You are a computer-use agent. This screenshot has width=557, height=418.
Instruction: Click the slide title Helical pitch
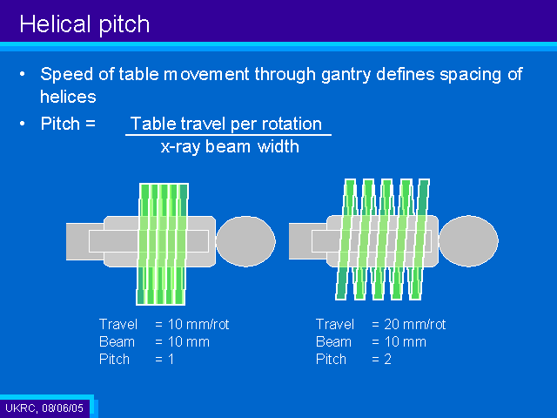pos(84,24)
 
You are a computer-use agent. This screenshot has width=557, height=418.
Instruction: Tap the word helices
pos(68,97)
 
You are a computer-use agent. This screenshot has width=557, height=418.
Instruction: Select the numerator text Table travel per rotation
pos(226,124)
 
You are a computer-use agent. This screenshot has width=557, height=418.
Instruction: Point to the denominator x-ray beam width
pos(230,146)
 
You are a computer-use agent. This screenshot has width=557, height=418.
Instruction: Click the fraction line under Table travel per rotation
pos(228,135)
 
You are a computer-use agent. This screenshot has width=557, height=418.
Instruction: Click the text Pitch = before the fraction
pos(68,124)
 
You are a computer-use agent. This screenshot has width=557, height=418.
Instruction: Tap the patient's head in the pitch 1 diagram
pos(245,241)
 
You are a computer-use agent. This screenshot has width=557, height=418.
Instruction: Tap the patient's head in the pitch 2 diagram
pos(468,241)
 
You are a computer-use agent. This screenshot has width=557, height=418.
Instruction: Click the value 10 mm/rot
pos(198,324)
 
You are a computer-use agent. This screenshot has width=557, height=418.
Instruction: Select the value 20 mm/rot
pos(414,324)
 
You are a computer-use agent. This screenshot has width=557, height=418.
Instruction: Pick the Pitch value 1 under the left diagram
pos(171,359)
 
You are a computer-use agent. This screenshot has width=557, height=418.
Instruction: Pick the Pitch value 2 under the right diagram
pos(387,359)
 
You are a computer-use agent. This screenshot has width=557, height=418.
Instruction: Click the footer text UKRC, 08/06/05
pos(44,408)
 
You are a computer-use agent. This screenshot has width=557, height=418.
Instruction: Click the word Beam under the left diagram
pos(117,341)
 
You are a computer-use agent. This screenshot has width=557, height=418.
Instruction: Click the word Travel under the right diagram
pos(334,324)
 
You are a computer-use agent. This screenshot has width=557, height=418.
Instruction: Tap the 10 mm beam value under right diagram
pos(406,341)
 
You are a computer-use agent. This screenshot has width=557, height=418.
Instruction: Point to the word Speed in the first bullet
pos(67,75)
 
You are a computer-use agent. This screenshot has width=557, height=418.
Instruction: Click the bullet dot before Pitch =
pos(23,124)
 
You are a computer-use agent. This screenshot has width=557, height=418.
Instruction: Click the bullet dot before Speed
pos(23,74)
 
